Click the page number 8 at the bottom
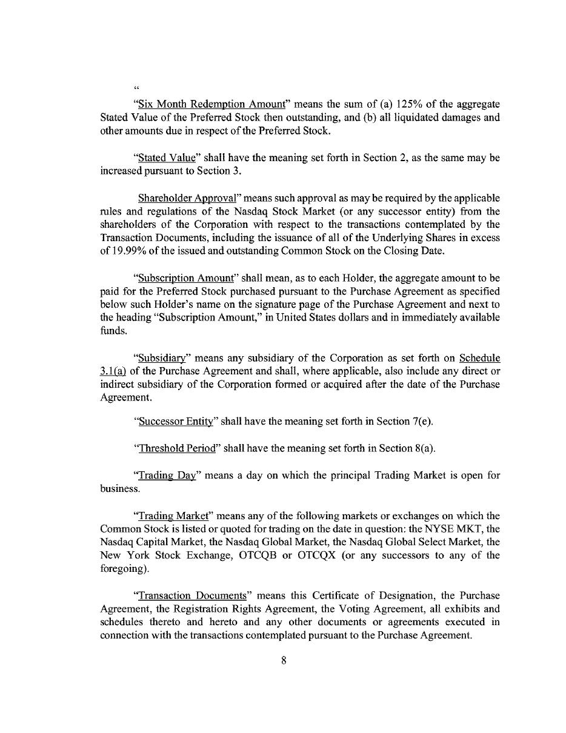(x=283, y=660)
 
